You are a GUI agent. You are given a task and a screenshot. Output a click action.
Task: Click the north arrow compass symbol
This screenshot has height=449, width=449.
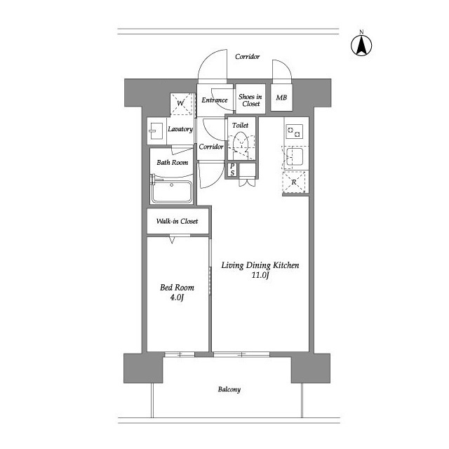click(361, 45)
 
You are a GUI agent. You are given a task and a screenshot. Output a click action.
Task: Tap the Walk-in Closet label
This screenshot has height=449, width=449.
click(177, 221)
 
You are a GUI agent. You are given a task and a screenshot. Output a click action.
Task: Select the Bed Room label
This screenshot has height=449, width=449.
click(177, 287)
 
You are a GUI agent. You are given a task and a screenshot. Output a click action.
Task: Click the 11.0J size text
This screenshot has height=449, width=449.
click(260, 276)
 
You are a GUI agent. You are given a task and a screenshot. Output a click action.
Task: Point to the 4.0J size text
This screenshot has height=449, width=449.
click(177, 297)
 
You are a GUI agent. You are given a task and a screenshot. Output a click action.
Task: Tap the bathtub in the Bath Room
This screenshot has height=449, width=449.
click(171, 192)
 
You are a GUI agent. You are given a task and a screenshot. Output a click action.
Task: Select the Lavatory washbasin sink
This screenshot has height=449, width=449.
click(156, 131)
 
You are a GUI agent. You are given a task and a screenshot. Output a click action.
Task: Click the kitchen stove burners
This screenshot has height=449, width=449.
click(294, 131)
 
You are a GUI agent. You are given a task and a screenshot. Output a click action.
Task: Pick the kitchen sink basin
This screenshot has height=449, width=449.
click(295, 156)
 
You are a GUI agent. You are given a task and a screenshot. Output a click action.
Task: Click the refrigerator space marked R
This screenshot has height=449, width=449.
click(294, 182)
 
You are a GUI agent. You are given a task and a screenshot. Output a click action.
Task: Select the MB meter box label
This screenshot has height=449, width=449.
click(281, 98)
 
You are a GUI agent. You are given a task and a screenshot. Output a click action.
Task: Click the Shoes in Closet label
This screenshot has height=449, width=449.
click(250, 100)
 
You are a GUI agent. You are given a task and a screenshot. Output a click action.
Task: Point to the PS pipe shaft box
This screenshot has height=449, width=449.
click(232, 170)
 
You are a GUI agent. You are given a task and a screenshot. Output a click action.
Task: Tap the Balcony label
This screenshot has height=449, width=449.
click(229, 389)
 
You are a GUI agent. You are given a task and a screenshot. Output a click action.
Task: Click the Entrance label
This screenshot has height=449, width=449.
click(215, 100)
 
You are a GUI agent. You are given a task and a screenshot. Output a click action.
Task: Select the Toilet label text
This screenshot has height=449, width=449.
click(240, 125)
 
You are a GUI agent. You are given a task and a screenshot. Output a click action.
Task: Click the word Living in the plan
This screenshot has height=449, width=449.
click(232, 265)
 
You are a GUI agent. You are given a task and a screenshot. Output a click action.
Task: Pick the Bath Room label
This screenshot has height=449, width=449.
click(173, 162)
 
